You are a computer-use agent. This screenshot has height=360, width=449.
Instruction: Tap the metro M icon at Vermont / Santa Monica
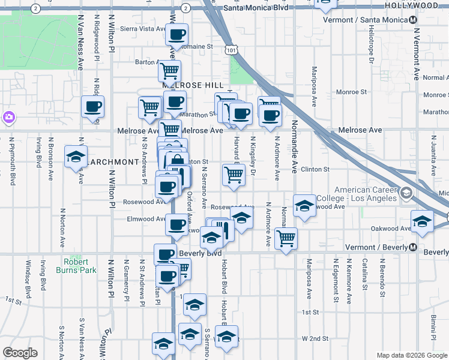click(414, 20)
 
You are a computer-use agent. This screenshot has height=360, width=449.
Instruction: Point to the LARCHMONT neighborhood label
click(113, 162)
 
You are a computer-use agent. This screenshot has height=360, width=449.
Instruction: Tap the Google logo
click(20, 353)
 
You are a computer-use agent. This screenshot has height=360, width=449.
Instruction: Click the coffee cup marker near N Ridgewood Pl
click(93, 107)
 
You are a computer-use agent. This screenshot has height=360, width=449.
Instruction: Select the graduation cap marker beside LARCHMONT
click(76, 157)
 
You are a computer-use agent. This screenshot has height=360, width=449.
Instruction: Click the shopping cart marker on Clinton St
click(234, 175)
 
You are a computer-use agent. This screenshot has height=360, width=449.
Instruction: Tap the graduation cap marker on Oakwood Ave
click(423, 221)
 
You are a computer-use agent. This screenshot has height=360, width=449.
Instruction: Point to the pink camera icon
click(8, 116)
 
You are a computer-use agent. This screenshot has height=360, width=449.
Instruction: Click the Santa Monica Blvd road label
click(255, 8)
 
